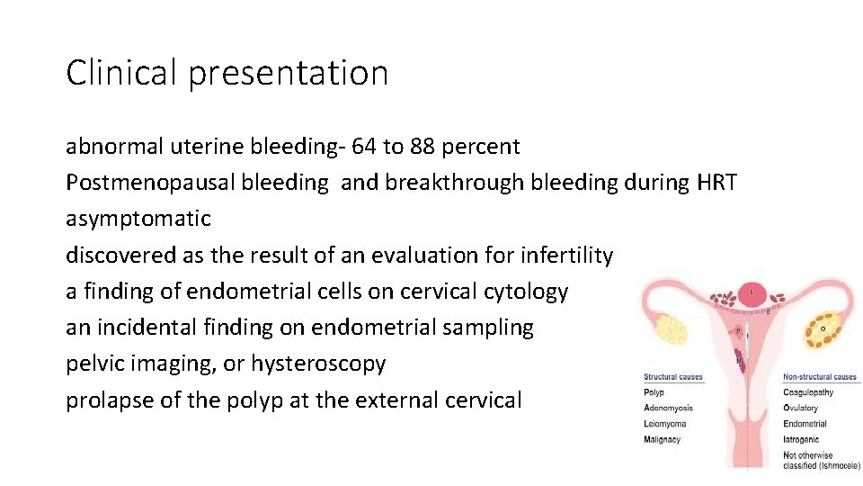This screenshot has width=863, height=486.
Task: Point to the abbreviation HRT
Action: pos(716,183)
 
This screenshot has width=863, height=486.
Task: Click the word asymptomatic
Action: pos(138,219)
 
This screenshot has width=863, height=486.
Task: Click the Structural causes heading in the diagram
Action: pos(672,377)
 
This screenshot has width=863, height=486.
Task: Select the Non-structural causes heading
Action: pos(820,377)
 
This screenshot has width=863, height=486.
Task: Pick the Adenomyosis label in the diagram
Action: pos(668,408)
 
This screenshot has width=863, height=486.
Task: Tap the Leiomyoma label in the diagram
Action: pos(665,423)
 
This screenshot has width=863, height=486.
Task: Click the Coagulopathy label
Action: pos(808,392)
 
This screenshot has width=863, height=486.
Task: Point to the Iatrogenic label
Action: pos(802,438)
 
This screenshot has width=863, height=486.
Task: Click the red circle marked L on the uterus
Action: pos(752,292)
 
